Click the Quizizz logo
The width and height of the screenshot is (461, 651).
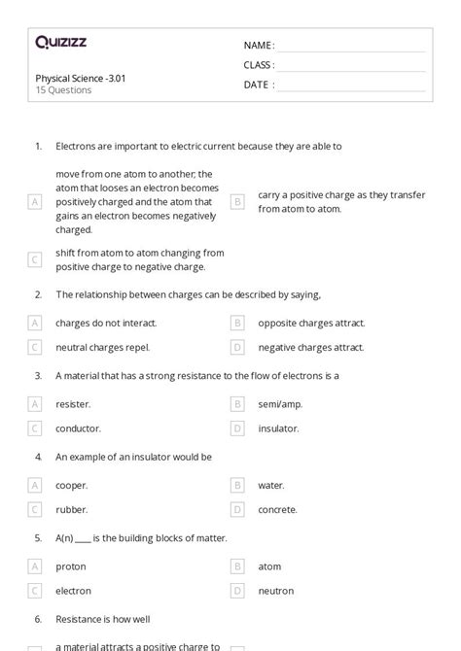pyautogui.click(x=60, y=42)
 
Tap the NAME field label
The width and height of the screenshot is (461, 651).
pyautogui.click(x=258, y=46)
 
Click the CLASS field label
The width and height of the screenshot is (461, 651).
pyautogui.click(x=259, y=65)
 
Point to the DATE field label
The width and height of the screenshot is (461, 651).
pyautogui.click(x=258, y=85)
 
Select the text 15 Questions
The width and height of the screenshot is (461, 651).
pyautogui.click(x=63, y=90)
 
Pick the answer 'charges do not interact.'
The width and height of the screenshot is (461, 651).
pyautogui.click(x=106, y=323)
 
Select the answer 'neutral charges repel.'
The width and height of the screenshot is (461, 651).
pyautogui.click(x=102, y=347)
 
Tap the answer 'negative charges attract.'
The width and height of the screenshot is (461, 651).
pyautogui.click(x=310, y=347)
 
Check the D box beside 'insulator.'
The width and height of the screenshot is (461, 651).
pyautogui.click(x=237, y=428)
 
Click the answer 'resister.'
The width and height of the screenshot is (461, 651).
pyautogui.click(x=73, y=403)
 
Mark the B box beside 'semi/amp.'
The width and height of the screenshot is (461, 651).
pyautogui.click(x=237, y=403)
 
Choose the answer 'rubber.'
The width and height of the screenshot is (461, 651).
pyautogui.click(x=71, y=509)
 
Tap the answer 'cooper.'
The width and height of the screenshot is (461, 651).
pyautogui.click(x=72, y=485)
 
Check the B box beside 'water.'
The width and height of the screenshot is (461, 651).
pyautogui.click(x=237, y=485)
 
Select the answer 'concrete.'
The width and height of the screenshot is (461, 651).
pyautogui.click(x=277, y=509)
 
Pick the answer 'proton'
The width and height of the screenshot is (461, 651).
pyautogui.click(x=71, y=565)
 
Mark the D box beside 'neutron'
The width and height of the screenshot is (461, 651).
pyautogui.click(x=237, y=590)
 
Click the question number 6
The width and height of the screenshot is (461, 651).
pyautogui.click(x=38, y=618)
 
